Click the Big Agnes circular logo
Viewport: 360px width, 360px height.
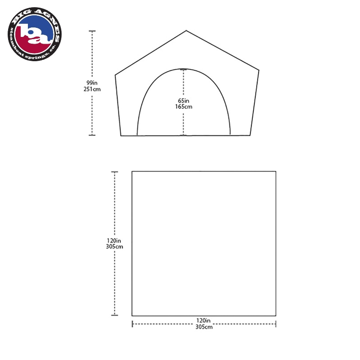click(35, 34)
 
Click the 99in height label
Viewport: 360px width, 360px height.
click(92, 83)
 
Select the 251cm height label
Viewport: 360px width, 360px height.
click(92, 89)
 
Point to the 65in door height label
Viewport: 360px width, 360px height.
click(184, 100)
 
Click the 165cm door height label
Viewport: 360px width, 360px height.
click(184, 107)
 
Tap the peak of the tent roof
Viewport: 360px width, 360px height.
click(186, 30)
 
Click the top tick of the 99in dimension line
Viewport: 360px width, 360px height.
click(92, 31)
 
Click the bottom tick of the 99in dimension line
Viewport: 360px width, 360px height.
click(92, 135)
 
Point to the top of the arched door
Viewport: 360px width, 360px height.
click(183, 69)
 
